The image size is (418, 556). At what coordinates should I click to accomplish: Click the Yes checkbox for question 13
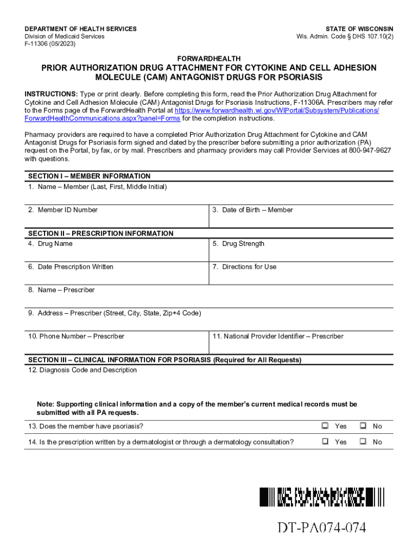[x=325, y=426]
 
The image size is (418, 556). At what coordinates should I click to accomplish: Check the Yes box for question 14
[x=325, y=441]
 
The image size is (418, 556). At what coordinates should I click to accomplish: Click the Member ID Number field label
[x=63, y=210]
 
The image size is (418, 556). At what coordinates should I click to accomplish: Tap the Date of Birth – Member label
[x=252, y=210]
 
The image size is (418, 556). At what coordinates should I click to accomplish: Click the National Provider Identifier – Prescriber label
[x=278, y=336]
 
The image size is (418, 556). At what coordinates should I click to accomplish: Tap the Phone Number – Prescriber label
[x=76, y=336]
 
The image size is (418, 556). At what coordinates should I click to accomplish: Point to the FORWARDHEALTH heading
[x=209, y=58]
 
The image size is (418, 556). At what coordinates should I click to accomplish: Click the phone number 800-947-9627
[x=370, y=150]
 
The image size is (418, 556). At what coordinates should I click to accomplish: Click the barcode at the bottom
[x=321, y=497]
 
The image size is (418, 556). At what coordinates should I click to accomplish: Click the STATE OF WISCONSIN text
[x=359, y=29]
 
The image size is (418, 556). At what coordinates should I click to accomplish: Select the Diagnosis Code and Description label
[x=83, y=370]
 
